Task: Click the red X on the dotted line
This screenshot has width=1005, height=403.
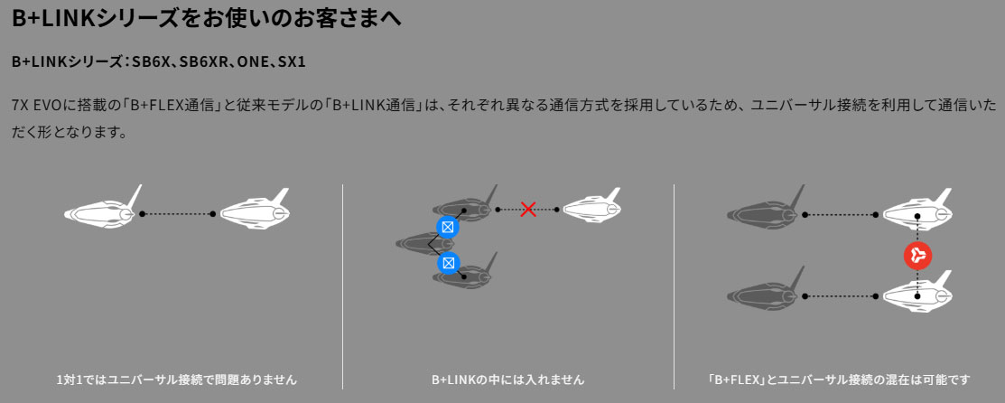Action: pos(528,210)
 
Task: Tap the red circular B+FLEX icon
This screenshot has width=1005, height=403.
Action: pos(917,256)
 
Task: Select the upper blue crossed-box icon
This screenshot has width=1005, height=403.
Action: pos(448,227)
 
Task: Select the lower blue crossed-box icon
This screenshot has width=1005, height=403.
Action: pos(448,263)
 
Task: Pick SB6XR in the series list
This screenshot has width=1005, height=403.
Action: pos(202,63)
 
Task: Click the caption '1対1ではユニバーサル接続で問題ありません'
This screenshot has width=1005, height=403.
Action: pos(176,380)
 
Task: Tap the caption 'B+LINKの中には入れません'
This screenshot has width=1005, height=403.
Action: pos(508,380)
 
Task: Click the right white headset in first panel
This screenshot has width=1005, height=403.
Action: pos(255,209)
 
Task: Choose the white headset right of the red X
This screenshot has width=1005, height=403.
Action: pos(591,205)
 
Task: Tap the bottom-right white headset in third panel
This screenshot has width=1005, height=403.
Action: pos(917,291)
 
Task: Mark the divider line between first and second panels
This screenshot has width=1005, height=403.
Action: pos(343,286)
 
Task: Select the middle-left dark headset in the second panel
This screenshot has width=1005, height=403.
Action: pos(420,243)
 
